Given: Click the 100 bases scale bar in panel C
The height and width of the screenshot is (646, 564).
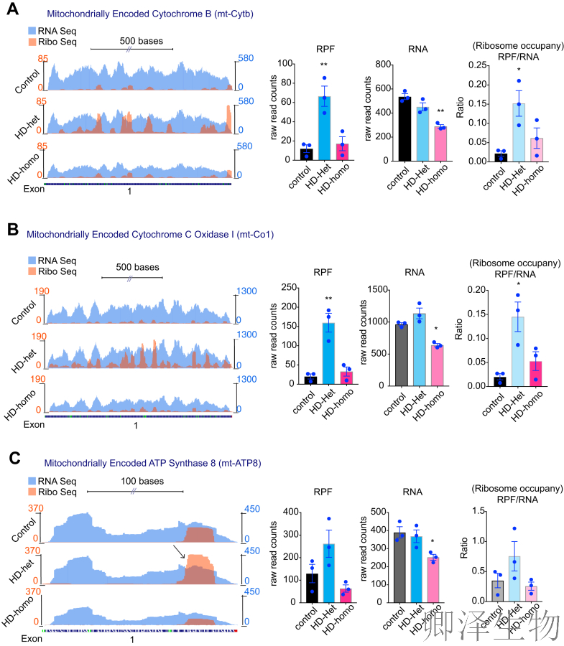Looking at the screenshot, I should (134, 492).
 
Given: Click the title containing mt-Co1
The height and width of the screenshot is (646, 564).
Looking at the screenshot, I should (150, 234).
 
